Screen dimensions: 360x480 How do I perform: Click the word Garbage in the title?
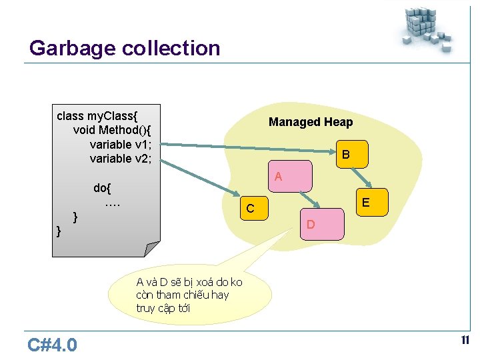[x=73, y=49]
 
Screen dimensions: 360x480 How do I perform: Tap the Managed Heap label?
[x=311, y=122]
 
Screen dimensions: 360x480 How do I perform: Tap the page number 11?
[x=465, y=341]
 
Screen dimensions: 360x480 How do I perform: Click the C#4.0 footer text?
[x=53, y=345]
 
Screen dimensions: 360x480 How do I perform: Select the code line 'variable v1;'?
[x=121, y=143]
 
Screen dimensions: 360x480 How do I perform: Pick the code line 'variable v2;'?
[x=121, y=158]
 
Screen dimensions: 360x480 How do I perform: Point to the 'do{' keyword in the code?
[x=103, y=187]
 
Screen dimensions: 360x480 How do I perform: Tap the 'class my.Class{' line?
[x=99, y=115]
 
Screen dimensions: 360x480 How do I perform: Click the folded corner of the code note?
[x=152, y=248]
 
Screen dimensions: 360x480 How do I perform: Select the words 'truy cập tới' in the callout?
[x=163, y=308]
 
